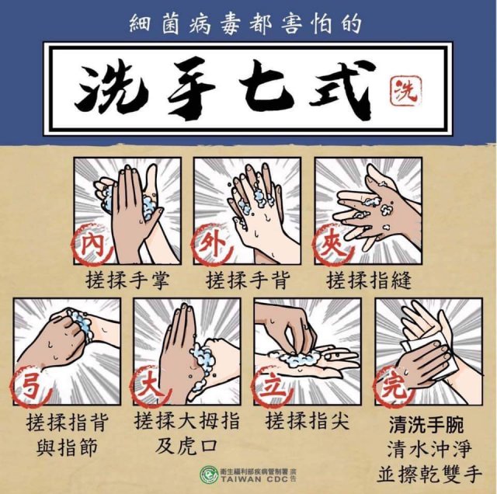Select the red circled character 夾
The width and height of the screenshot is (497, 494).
tap(332, 245)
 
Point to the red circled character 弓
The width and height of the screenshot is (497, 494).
tap(31, 385)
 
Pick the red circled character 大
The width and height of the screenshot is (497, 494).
tap(151, 385)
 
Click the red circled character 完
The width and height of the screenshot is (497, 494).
tap(393, 385)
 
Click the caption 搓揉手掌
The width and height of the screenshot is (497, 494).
tap(127, 280)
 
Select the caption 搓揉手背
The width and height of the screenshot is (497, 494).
tap(248, 280)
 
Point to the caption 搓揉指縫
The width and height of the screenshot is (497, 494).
tap(369, 280)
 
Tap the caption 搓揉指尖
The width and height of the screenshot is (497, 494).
tap(308, 421)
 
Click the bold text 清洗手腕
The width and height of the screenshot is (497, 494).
tap(426, 425)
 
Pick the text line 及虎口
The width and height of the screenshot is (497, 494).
tap(186, 446)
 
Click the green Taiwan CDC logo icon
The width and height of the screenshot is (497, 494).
tap(209, 475)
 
